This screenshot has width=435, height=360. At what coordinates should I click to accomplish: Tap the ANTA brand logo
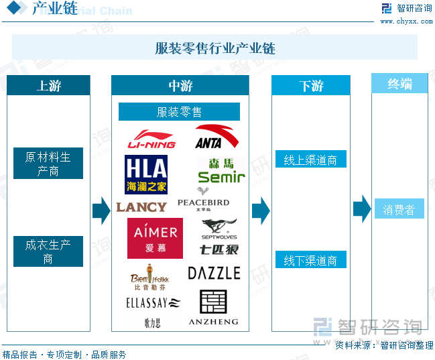[216, 137]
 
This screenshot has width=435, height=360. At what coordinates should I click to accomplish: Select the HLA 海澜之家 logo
[145, 174]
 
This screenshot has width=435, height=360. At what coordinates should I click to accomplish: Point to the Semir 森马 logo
[221, 171]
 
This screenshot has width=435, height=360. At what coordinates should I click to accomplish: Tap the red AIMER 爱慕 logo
[155, 238]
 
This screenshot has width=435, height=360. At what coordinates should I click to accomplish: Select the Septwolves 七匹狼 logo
[219, 237]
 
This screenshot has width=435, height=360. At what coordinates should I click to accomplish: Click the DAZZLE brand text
[214, 273]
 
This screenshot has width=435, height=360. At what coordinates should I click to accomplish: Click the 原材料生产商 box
[48, 164]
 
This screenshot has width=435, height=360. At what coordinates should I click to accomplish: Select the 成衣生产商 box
[48, 251]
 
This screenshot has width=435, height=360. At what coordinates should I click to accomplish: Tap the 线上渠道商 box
[310, 160]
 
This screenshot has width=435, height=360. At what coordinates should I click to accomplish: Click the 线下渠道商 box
[310, 260]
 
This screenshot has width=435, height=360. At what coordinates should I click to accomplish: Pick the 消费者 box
[399, 210]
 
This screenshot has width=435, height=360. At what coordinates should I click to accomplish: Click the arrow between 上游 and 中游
[101, 210]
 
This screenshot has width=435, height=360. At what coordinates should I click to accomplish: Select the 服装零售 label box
[179, 112]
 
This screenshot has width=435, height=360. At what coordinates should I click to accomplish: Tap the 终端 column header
[399, 84]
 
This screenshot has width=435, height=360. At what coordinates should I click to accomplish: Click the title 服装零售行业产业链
[215, 48]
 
